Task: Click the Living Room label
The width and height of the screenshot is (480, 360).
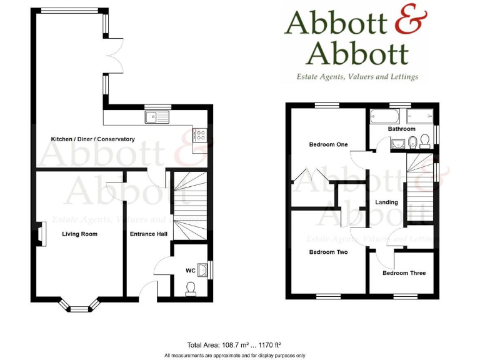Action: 79,234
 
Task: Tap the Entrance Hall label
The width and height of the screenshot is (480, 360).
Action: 148,234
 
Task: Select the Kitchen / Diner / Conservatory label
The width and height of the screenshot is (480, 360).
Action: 92,139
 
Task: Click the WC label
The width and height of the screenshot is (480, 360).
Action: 190,271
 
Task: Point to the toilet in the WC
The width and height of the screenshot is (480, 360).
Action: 191,288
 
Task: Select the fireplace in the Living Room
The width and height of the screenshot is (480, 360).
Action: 41,234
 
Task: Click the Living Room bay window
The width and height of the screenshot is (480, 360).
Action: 79,306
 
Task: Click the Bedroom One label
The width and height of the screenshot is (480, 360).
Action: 328,144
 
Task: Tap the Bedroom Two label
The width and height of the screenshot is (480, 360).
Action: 328,252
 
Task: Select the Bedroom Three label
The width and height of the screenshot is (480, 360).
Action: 404,272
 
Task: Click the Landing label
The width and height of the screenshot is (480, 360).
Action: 386,202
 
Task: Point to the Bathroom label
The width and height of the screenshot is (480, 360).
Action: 401,129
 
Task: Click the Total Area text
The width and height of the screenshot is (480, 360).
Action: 234,344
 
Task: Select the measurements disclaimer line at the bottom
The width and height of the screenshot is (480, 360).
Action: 234,355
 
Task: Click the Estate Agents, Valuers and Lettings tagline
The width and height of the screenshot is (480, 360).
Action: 357,77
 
